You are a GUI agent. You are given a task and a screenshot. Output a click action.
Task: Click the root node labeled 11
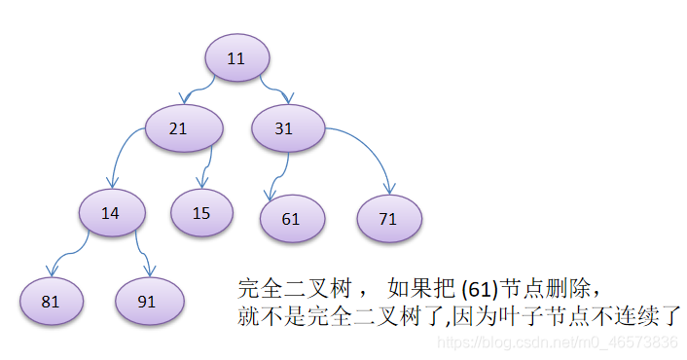coord(236,58)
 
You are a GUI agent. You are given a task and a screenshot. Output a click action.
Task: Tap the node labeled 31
coord(284,129)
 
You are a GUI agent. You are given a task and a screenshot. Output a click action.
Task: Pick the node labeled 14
coord(111,213)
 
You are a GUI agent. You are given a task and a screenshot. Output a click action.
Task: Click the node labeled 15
coord(201,213)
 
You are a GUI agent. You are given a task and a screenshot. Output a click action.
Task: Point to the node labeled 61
coord(292,219)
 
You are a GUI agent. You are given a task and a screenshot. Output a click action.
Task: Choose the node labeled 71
coord(388,219)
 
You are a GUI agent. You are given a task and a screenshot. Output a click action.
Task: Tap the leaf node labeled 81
coord(51,301)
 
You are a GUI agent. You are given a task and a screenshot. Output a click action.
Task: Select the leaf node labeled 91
coord(148,301)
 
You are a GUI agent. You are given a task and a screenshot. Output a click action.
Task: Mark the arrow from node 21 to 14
coord(123,156)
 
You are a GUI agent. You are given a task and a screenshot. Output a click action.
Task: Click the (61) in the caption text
coord(482,289)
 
